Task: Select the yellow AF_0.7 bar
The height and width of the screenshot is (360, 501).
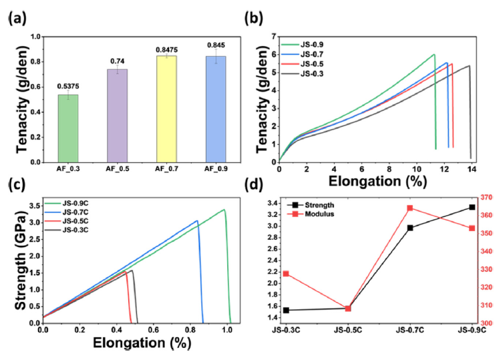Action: (x=166, y=109)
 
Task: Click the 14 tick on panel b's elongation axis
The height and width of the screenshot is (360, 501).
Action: (x=472, y=169)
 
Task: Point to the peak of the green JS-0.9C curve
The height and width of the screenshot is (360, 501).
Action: (x=224, y=210)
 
